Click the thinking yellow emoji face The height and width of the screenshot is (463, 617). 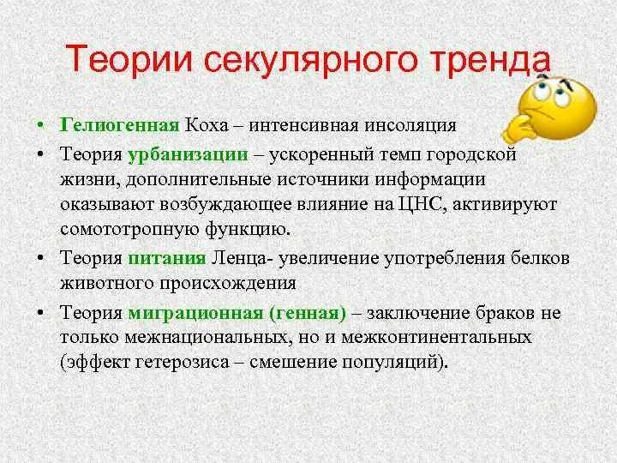[557, 107]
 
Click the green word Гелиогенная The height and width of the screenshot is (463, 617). [119, 124]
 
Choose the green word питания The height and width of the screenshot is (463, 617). [167, 257]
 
